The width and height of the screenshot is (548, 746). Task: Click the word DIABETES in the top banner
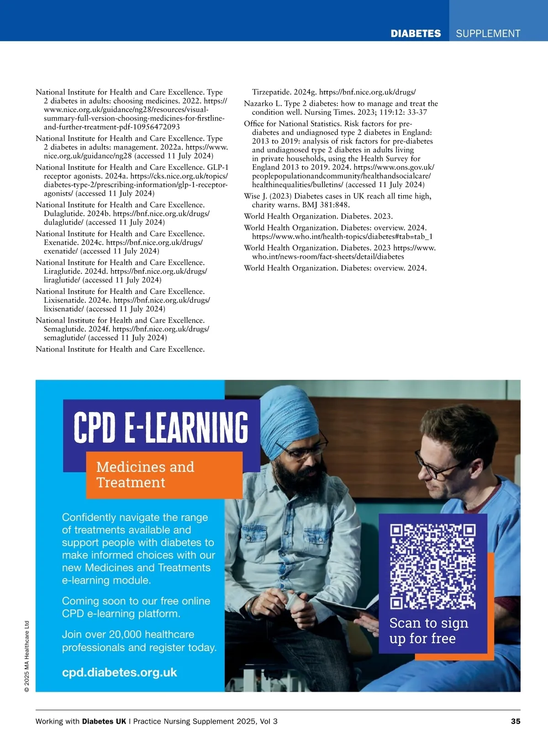point(416,33)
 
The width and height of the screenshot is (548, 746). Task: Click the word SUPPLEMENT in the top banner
point(488,33)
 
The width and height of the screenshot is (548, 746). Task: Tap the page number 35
point(515,721)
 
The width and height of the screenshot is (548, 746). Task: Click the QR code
point(432,567)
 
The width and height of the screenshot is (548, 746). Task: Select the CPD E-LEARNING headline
point(161,427)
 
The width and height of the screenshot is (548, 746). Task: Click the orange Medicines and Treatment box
point(164,475)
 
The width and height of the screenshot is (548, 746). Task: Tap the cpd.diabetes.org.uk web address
point(119,672)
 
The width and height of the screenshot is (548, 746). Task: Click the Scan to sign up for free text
point(428,631)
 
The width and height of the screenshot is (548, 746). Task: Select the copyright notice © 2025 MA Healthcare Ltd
point(26,656)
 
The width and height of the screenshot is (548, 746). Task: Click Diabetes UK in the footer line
point(104,721)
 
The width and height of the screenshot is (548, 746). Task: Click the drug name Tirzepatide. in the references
point(273,92)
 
